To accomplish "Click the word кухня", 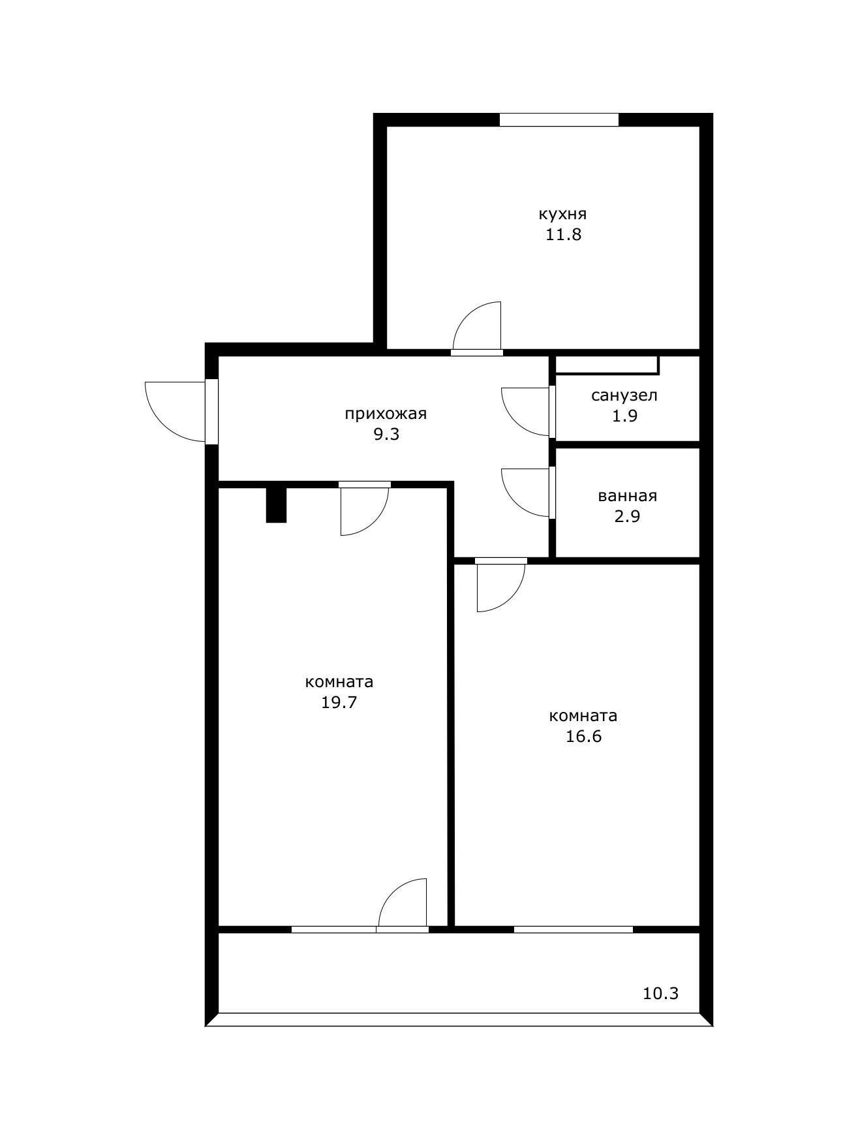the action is [x=562, y=214].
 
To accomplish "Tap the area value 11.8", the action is [x=563, y=235].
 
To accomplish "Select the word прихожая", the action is [x=386, y=414].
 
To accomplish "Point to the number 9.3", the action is [x=386, y=435].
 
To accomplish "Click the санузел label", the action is [x=624, y=395].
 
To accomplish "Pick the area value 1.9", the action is [x=624, y=416].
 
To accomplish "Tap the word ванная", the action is [x=627, y=496].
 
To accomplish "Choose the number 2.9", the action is [x=627, y=516].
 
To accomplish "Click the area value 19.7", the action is [x=339, y=702].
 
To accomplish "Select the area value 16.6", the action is [x=583, y=737].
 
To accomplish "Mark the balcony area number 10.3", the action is [x=661, y=994].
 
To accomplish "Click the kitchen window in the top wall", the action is [x=559, y=119].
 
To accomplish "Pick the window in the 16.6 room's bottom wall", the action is [x=574, y=929].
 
